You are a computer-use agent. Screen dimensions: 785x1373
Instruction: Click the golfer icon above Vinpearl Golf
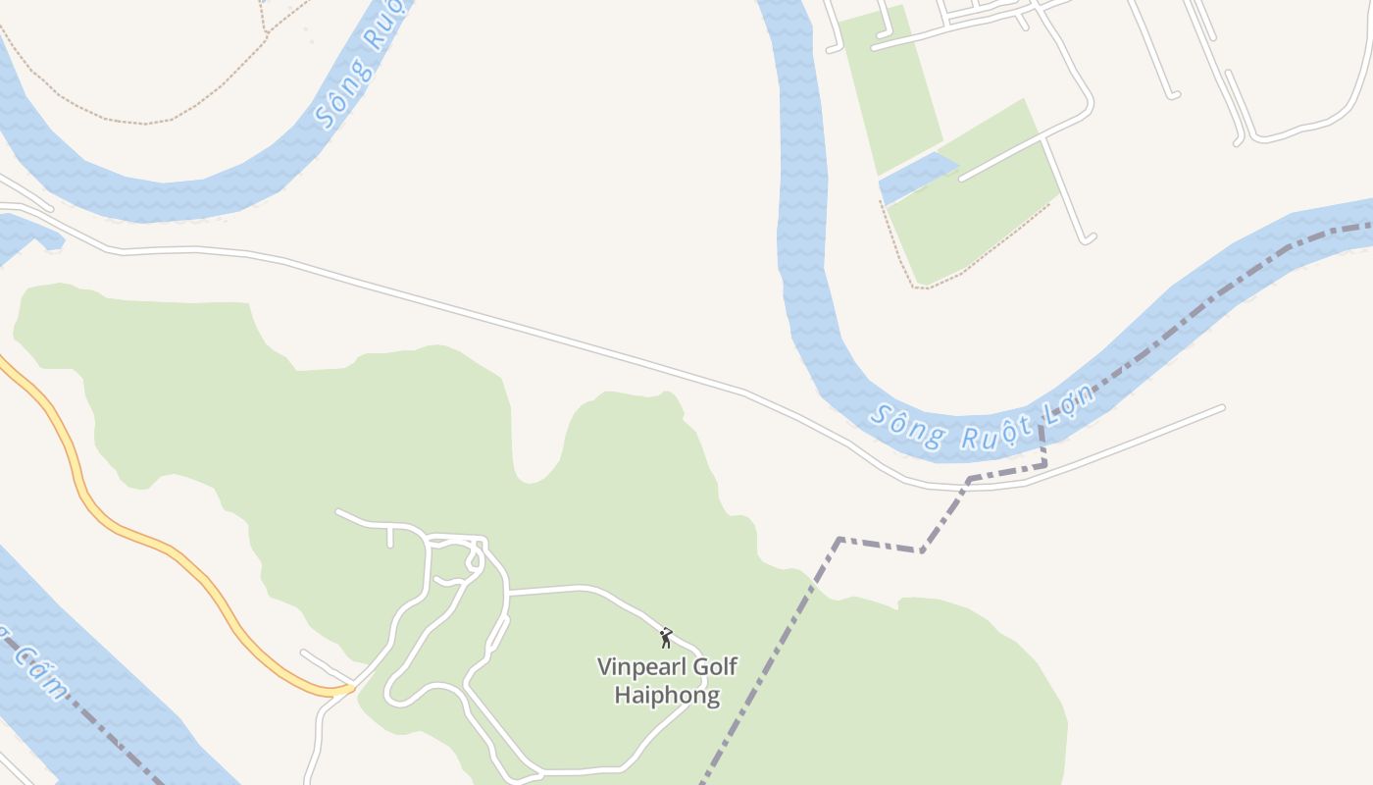666,638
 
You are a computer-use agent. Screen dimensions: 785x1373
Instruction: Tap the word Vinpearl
641,667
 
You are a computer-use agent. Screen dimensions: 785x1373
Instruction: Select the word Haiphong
667,696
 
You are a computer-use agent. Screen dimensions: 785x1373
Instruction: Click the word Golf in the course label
715,667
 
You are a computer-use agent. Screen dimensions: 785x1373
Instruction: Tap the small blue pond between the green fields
917,177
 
